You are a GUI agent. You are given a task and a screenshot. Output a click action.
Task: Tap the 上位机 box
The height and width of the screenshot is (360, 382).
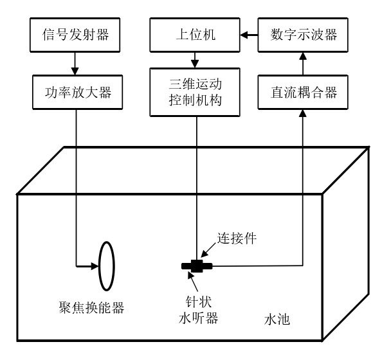pyautogui.click(x=194, y=35)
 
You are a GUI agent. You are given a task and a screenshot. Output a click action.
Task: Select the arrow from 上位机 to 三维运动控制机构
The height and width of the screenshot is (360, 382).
pyautogui.click(x=194, y=62)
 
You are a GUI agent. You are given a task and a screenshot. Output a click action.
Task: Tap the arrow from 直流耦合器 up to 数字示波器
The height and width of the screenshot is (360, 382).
pyautogui.click(x=302, y=62)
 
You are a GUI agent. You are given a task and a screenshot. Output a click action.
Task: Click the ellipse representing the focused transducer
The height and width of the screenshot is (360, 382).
pyautogui.click(x=106, y=265)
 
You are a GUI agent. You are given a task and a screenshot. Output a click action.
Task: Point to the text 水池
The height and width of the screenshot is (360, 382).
pyautogui.click(x=277, y=319)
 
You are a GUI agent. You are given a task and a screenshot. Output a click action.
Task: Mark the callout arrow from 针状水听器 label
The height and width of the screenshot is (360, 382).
pyautogui.click(x=193, y=280)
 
